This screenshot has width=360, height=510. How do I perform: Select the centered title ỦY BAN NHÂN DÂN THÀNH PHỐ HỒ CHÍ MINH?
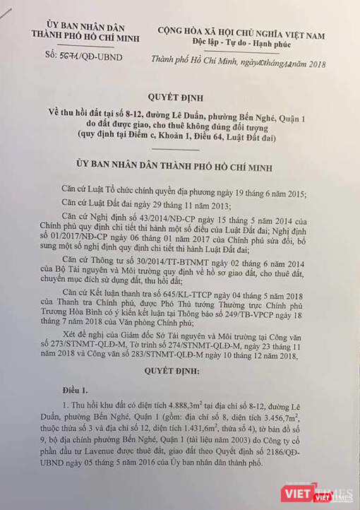pyautogui.click(x=179, y=164)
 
